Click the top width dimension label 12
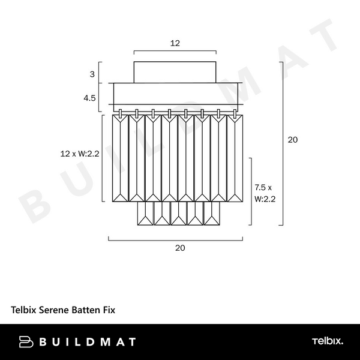175,43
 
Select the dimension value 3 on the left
92,74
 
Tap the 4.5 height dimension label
90,97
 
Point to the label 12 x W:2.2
79,154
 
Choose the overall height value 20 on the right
293,140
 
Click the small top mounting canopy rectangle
175,71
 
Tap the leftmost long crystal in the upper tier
121,158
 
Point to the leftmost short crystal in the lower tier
146,213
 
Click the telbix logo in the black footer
328,341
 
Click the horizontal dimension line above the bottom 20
175,239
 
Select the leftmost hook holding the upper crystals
121,112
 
